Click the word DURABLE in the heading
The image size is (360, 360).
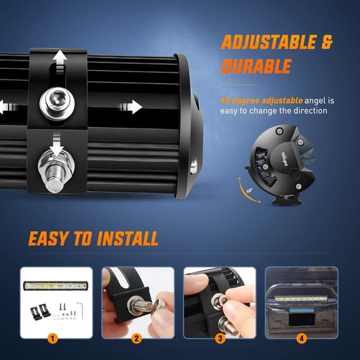(256, 66)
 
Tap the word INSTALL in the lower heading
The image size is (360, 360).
(128, 238)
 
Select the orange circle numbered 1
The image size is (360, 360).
(52, 339)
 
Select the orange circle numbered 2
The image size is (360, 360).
(136, 339)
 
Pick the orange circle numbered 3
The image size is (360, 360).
(220, 339)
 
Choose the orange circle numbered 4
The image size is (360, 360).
(301, 339)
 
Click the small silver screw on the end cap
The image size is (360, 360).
(193, 165)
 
